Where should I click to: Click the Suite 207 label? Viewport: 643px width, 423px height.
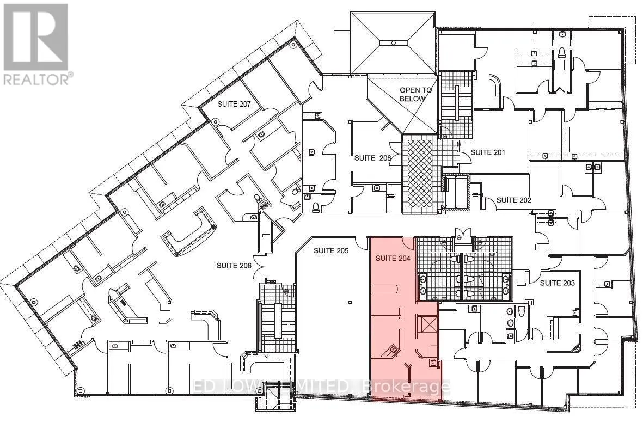tap(234, 104)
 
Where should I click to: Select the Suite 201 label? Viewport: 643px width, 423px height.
tap(488, 152)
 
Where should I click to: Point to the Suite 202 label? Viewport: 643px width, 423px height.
tap(514, 200)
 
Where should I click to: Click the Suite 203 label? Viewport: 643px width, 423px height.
tap(558, 283)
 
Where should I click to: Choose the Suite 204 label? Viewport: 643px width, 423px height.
tap(393, 258)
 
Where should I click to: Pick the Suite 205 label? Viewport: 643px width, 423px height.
tap(331, 250)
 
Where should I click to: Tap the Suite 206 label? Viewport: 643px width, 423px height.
tap(234, 266)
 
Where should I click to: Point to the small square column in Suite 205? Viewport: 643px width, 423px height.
tap(350, 303)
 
